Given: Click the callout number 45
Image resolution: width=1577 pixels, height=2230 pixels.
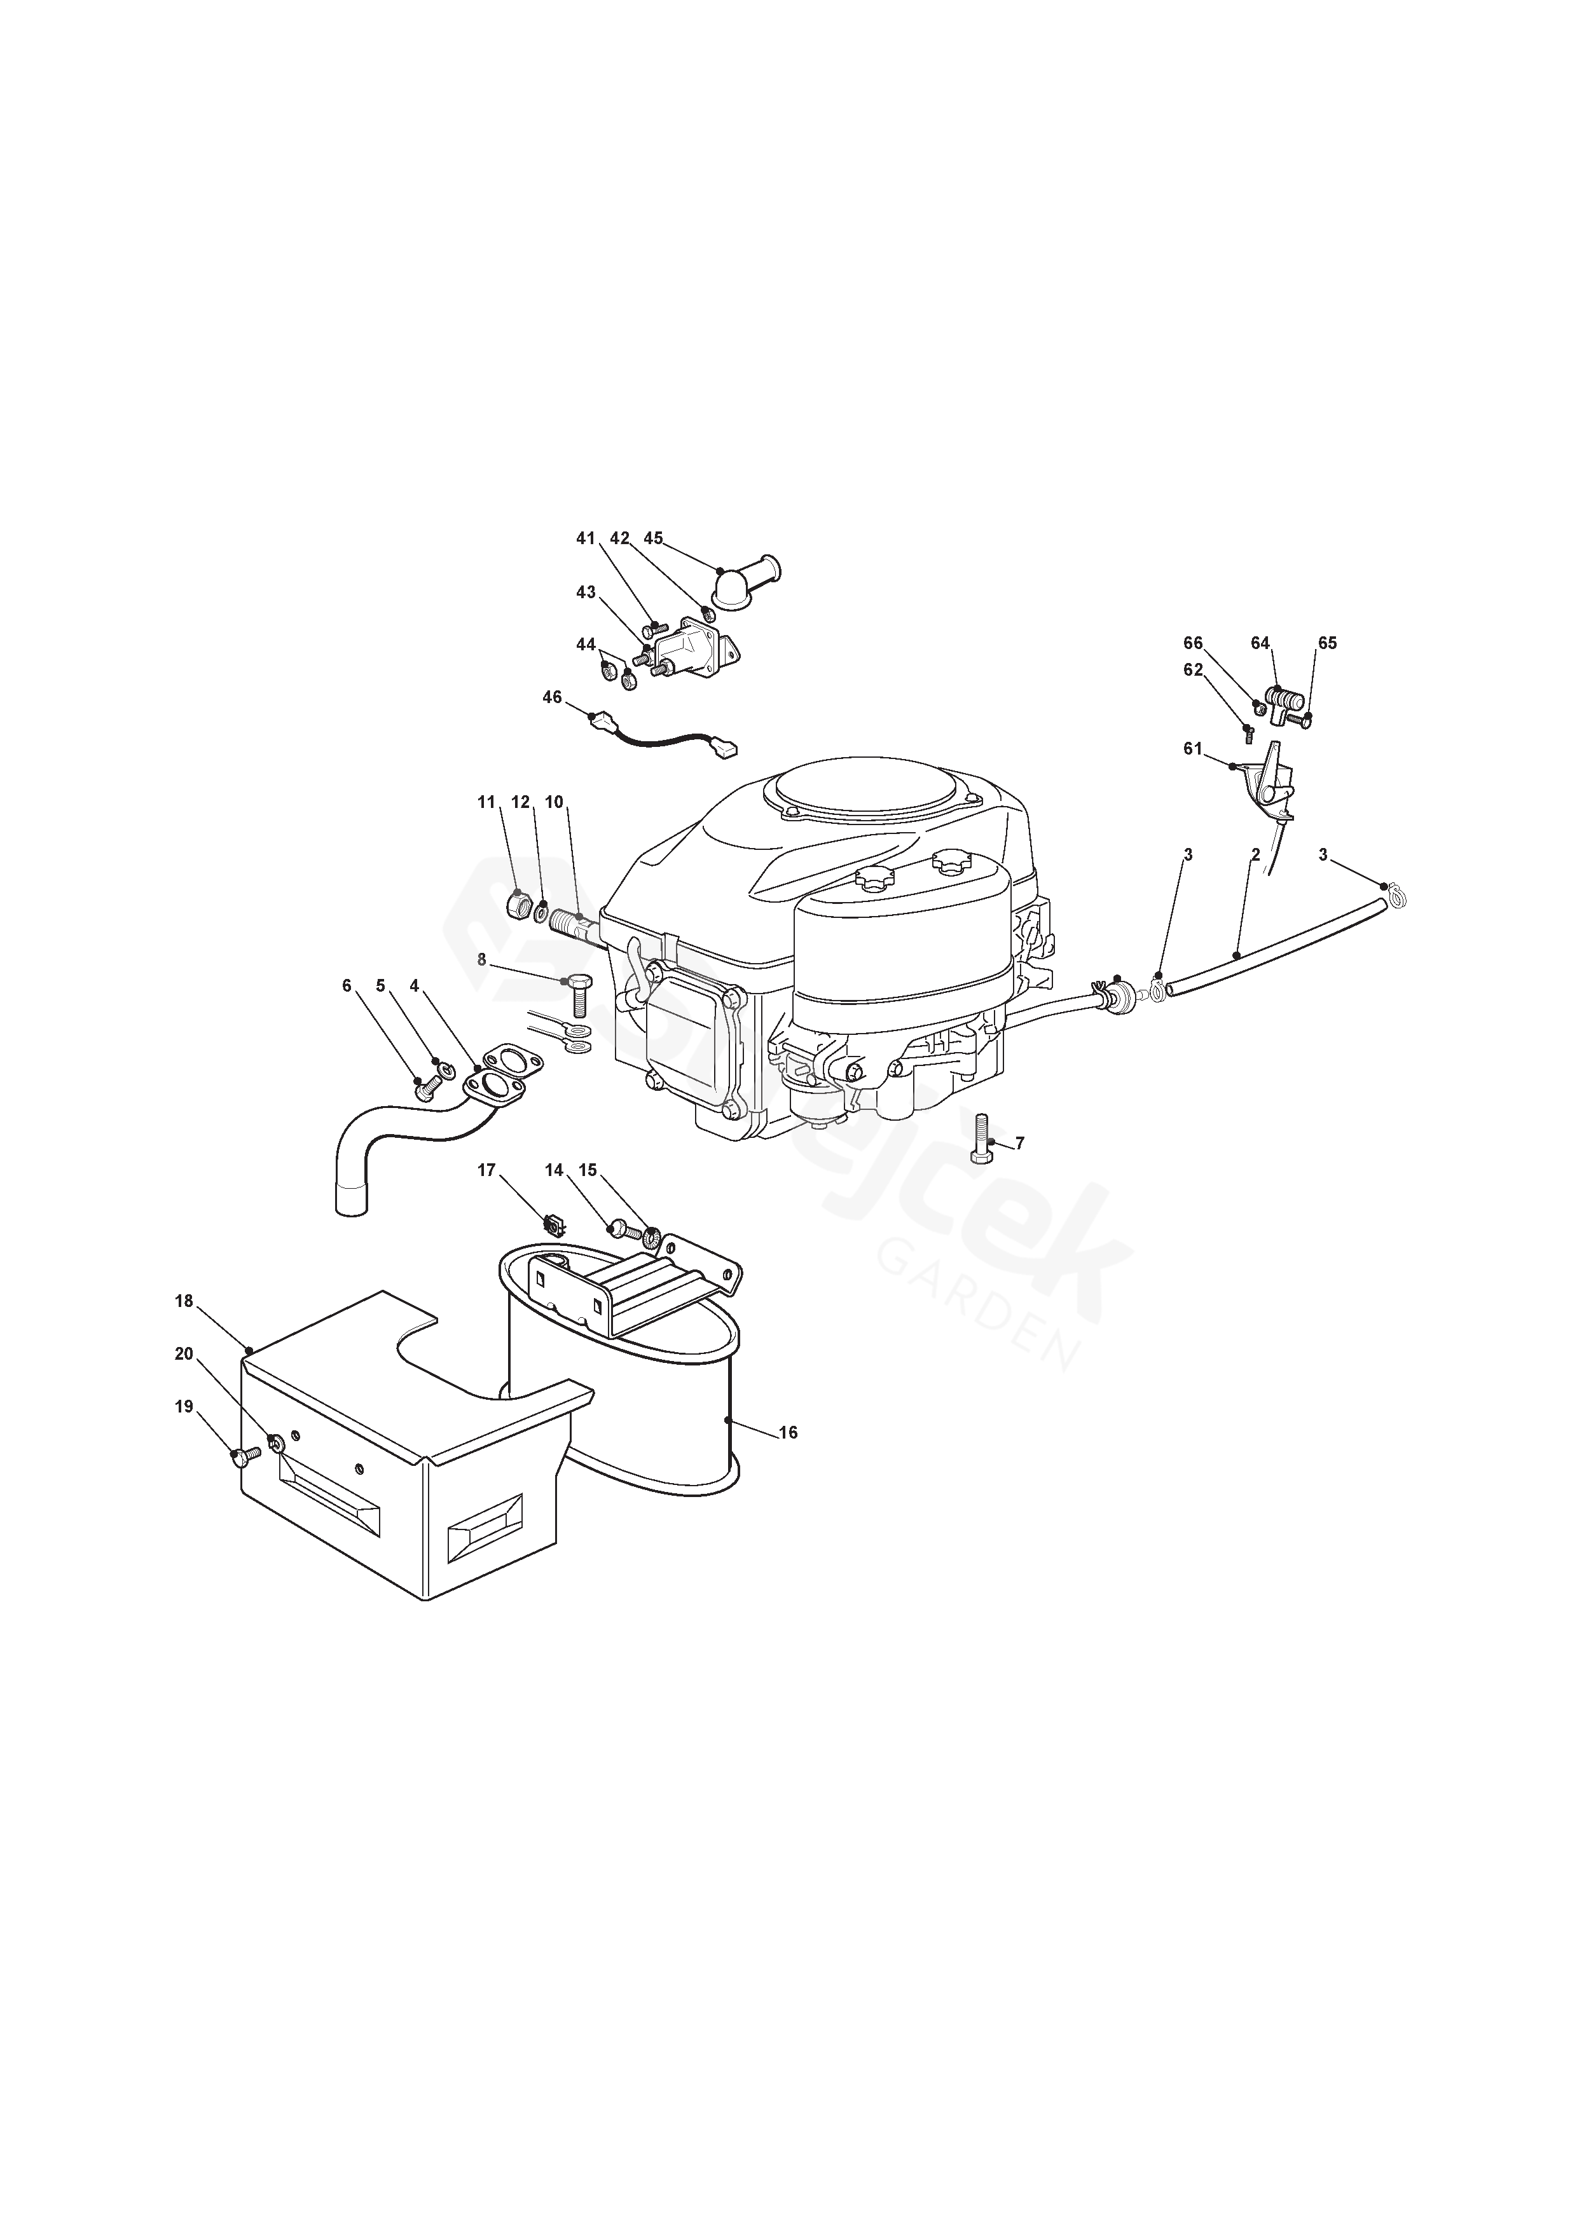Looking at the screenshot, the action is (x=653, y=538).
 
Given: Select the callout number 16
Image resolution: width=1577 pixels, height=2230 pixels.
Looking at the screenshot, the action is (x=788, y=1433).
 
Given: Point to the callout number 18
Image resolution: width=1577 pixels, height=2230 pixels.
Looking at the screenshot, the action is (x=184, y=1301).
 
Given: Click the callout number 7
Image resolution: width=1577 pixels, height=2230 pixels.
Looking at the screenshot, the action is (x=1019, y=1143).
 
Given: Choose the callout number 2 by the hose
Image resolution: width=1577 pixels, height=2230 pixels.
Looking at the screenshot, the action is (x=1255, y=855).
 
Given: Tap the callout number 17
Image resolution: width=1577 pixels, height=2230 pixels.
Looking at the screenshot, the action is (x=487, y=1170).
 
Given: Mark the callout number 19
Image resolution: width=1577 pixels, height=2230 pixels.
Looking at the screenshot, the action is (x=184, y=1406).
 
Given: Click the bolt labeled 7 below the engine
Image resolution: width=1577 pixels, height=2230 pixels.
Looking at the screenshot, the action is (x=981, y=1139).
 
